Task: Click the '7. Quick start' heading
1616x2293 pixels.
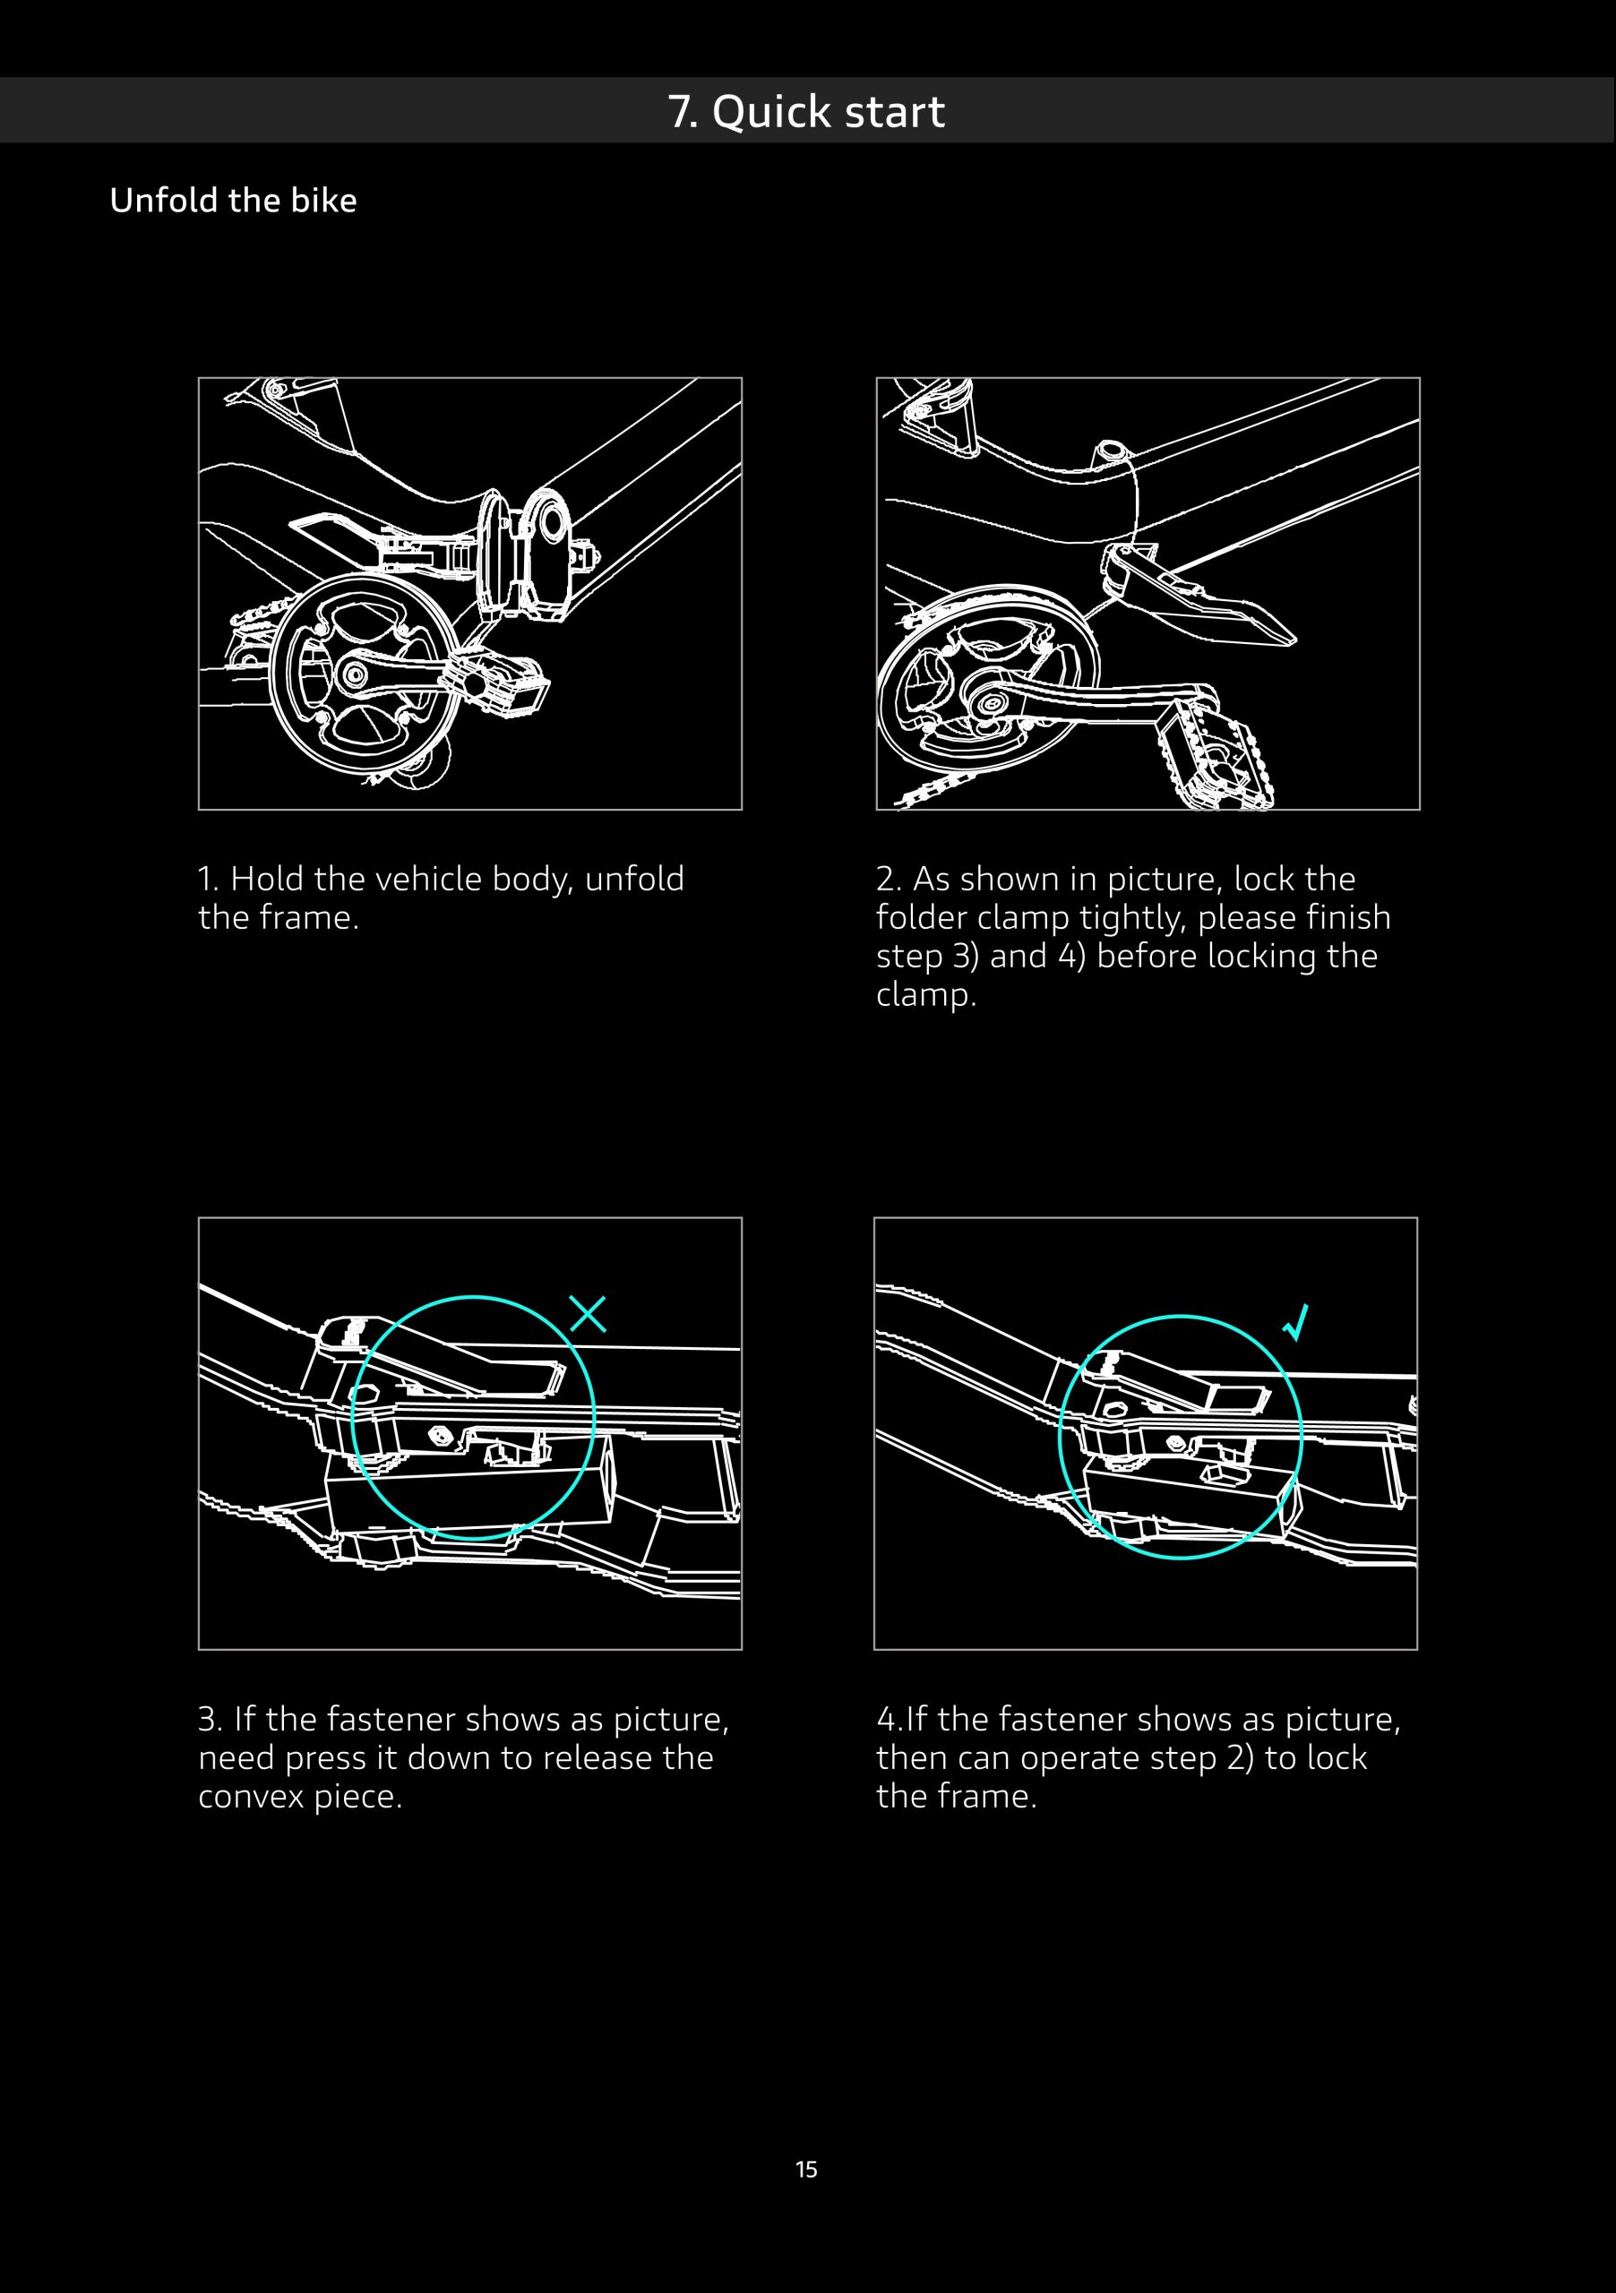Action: click(806, 111)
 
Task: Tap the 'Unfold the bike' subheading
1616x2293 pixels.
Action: click(233, 200)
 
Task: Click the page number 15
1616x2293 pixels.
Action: click(806, 2169)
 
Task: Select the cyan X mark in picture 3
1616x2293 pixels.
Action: click(588, 1314)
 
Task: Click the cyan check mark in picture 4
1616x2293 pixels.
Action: click(1295, 1322)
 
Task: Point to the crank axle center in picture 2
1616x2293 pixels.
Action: click(991, 703)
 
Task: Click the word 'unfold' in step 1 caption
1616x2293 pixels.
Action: click(634, 879)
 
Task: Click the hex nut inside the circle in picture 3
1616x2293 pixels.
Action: click(437, 1436)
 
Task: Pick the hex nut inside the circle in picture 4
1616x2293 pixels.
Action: click(1176, 1444)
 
